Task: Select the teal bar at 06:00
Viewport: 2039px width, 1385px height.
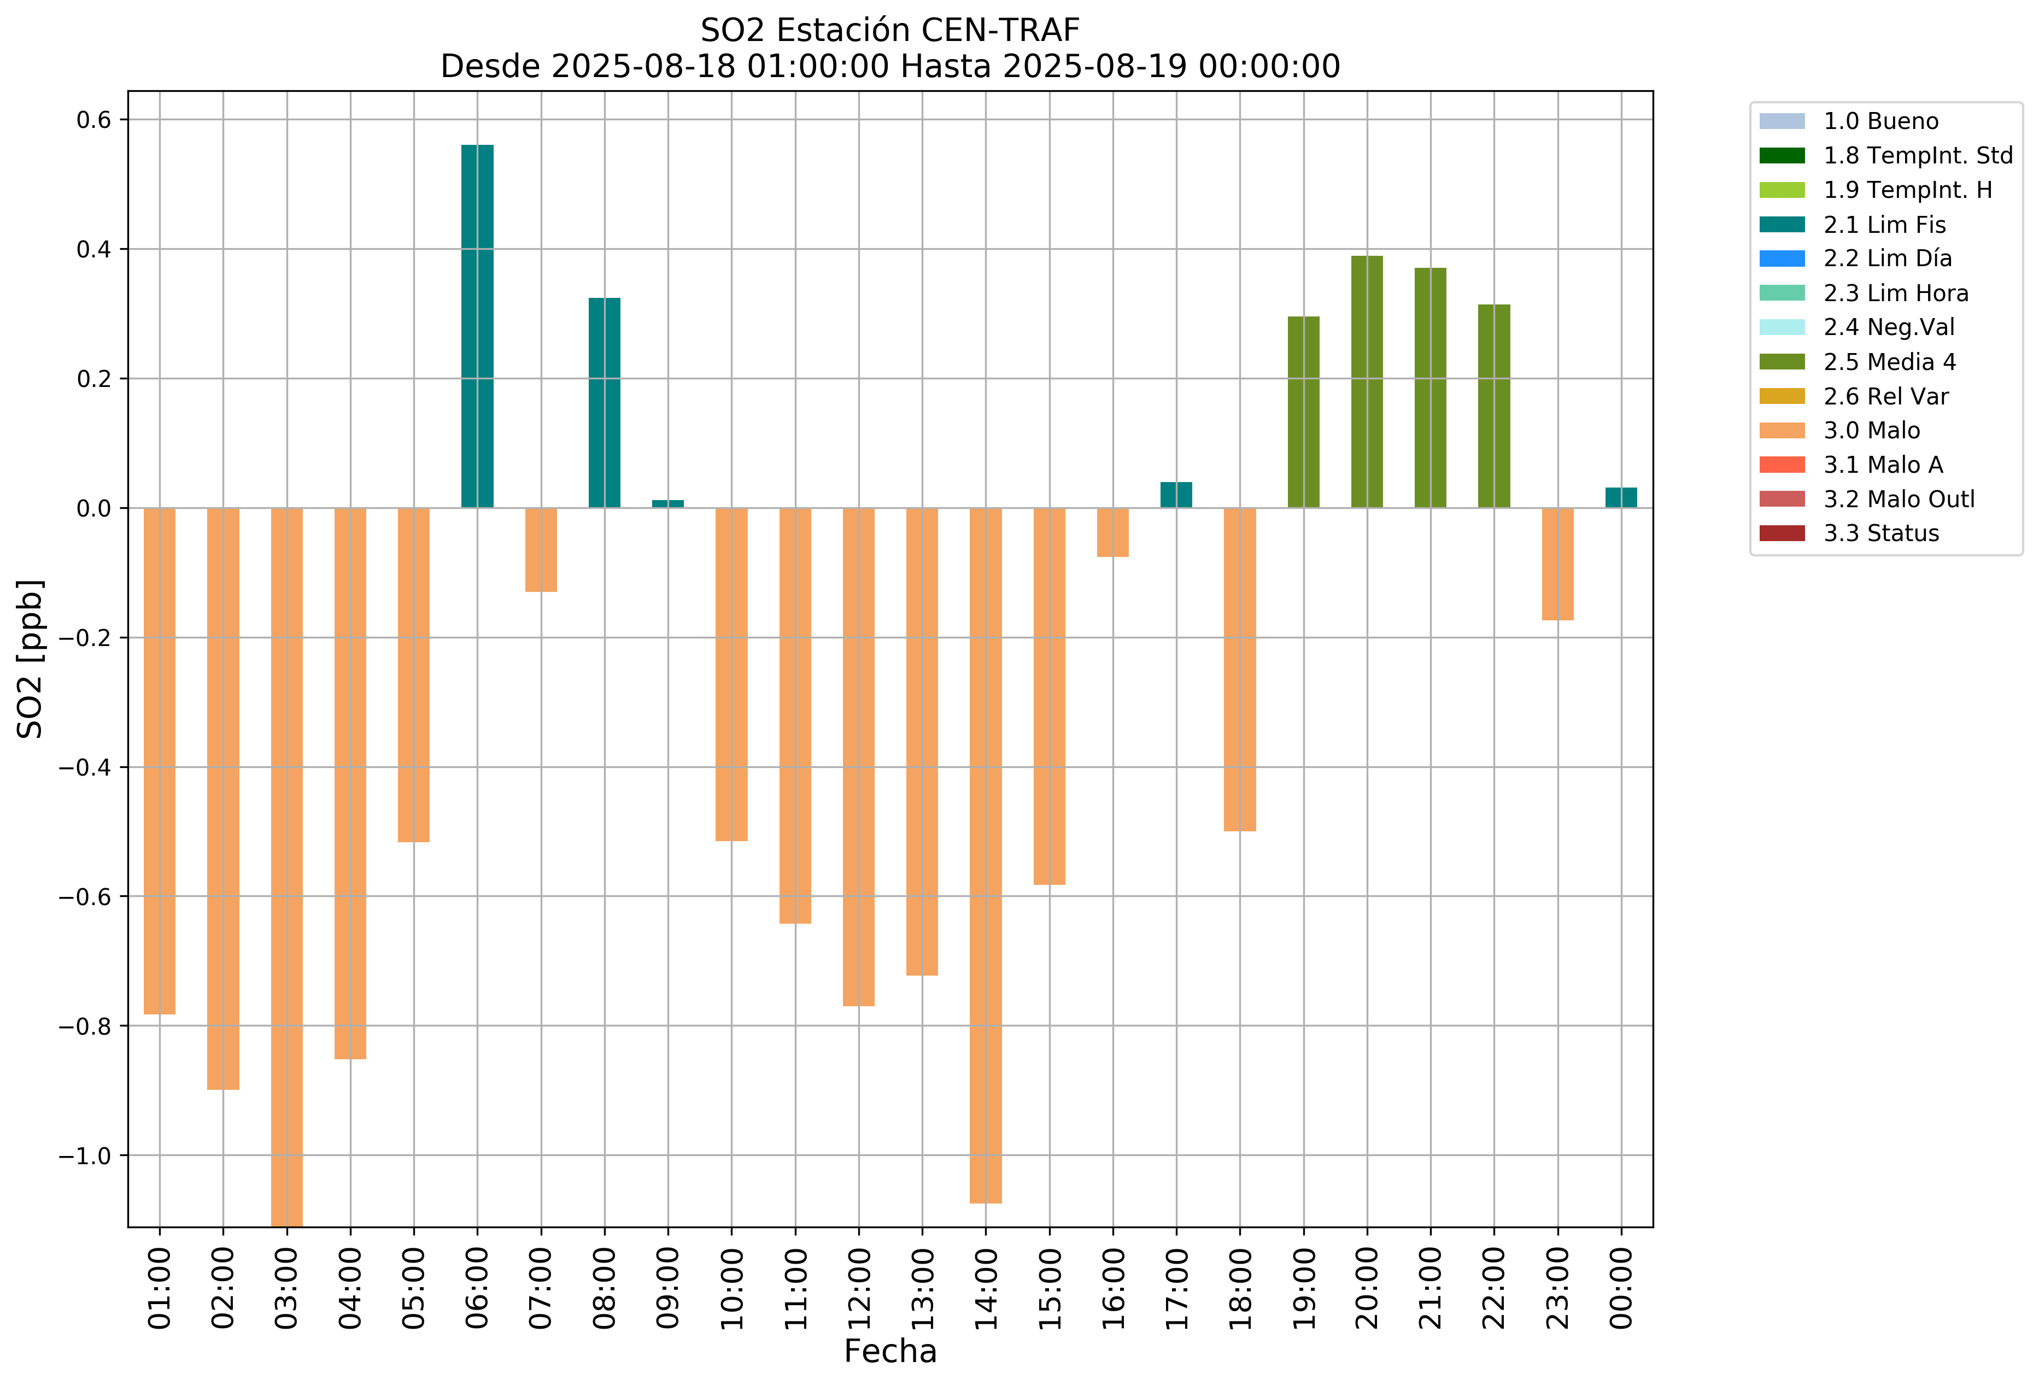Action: click(477, 326)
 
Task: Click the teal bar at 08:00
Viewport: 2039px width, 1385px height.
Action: click(605, 403)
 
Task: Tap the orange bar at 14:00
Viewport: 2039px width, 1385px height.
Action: click(985, 855)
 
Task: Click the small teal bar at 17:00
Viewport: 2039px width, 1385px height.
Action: click(1176, 495)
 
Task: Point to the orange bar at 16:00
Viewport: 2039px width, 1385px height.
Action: click(1112, 532)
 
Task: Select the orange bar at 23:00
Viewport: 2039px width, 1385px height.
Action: click(1557, 564)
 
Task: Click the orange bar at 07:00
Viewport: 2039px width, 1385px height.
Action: click(541, 550)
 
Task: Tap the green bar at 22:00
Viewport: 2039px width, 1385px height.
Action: click(1494, 406)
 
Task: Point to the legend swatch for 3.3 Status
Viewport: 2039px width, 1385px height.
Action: click(1782, 533)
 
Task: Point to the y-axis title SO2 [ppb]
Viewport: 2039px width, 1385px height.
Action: click(31, 659)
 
